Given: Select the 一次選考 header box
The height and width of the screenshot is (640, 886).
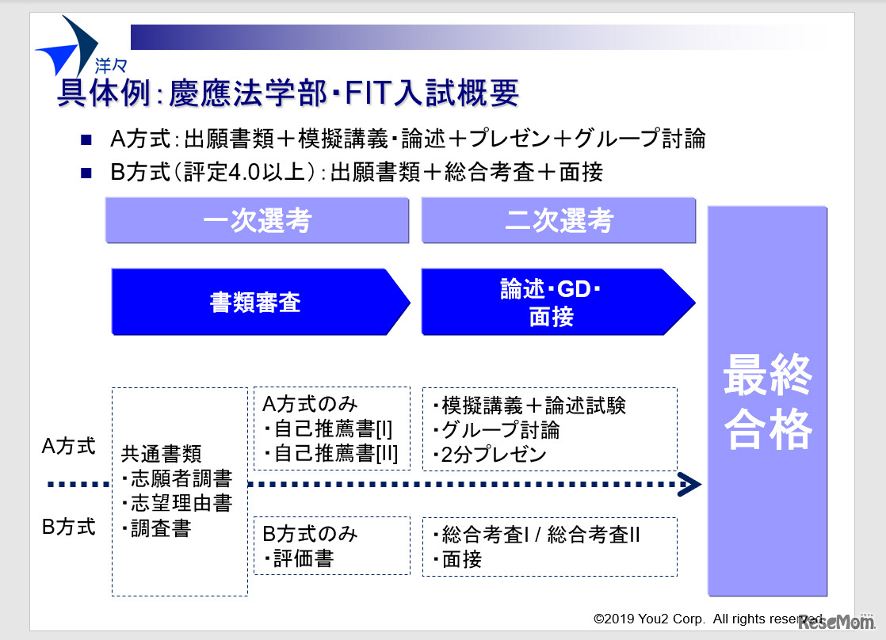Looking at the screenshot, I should coord(257,220).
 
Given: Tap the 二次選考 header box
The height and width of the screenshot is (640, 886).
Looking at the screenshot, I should coord(558,220).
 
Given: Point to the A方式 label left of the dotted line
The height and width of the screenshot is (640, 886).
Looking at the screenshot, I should coord(68,447).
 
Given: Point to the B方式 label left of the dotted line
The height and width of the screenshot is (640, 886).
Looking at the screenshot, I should coord(68,526).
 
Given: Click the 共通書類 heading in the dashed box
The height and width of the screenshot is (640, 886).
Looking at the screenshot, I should coord(162,454).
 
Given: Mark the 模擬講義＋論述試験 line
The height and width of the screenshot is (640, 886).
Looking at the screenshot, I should coord(529,405).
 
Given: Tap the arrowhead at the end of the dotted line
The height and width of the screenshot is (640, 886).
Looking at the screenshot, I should coord(689,484).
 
